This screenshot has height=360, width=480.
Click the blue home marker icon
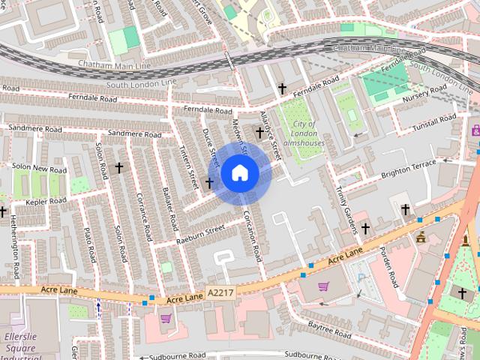click(239, 173)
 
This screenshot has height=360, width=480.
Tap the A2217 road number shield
click(220, 293)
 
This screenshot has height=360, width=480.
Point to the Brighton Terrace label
click(408, 167)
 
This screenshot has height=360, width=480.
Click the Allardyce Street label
click(269, 133)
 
